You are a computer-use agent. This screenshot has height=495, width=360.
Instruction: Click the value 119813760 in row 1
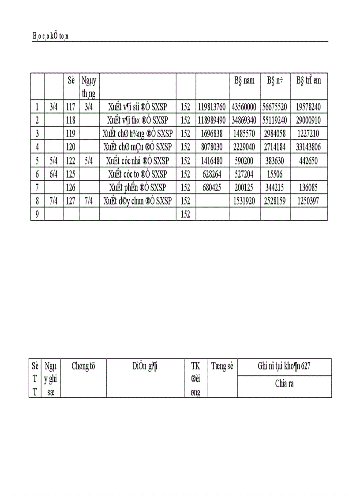[x=212, y=106]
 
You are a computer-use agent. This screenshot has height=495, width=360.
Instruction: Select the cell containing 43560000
[x=244, y=106]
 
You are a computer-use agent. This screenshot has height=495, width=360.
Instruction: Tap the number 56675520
[x=275, y=106]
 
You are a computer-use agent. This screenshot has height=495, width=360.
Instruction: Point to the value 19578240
[x=308, y=106]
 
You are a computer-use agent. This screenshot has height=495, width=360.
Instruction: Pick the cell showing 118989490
[x=212, y=120]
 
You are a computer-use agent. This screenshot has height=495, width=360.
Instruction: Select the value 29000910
[x=308, y=120]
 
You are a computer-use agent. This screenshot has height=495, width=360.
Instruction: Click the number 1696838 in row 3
[x=212, y=134]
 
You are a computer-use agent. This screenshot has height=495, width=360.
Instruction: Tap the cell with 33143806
[x=308, y=147]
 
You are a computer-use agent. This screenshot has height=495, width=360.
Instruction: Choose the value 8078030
[x=212, y=147]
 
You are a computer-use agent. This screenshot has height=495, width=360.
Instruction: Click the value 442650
[x=308, y=161]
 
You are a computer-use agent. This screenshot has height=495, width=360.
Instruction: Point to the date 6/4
[x=53, y=175]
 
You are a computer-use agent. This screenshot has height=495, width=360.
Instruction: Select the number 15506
[x=275, y=175]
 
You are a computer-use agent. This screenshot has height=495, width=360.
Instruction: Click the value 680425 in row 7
[x=212, y=188]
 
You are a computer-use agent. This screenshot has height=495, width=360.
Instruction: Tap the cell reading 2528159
[x=275, y=201]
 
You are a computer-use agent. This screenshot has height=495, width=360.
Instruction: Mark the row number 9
[x=37, y=215]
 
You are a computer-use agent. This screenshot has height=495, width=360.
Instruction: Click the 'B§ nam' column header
[x=244, y=81]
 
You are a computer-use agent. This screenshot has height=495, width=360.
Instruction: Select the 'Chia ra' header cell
[x=284, y=383]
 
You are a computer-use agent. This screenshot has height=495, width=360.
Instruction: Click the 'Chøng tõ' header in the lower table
[x=83, y=366]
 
